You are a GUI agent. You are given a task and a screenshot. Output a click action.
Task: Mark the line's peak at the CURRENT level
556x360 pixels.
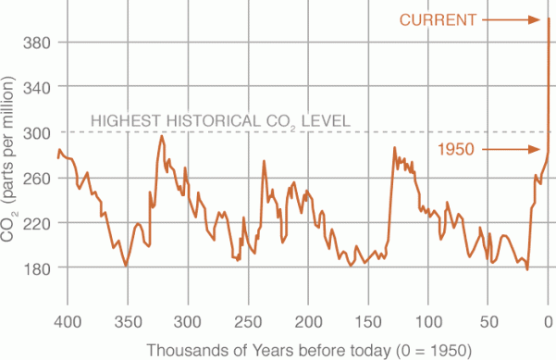(550, 19)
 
